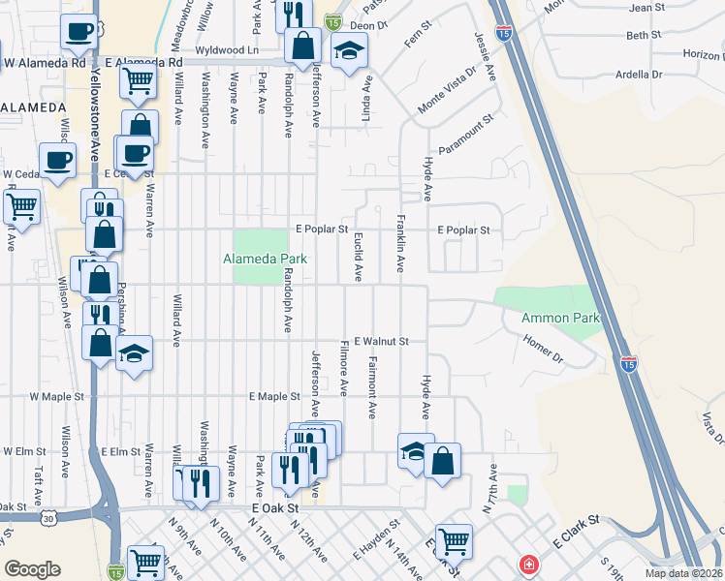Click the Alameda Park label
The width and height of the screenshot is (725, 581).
click(265, 259)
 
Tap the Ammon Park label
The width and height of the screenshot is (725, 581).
click(560, 318)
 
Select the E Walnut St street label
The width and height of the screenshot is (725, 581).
click(382, 341)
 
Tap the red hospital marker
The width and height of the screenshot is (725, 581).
click(529, 564)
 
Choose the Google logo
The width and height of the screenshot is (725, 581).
click(32, 568)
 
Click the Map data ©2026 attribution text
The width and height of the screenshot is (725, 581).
click(682, 573)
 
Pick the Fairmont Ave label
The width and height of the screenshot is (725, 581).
click(372, 387)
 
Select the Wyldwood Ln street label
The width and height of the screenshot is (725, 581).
click(228, 48)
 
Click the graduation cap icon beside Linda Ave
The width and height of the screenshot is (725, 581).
click(349, 53)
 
